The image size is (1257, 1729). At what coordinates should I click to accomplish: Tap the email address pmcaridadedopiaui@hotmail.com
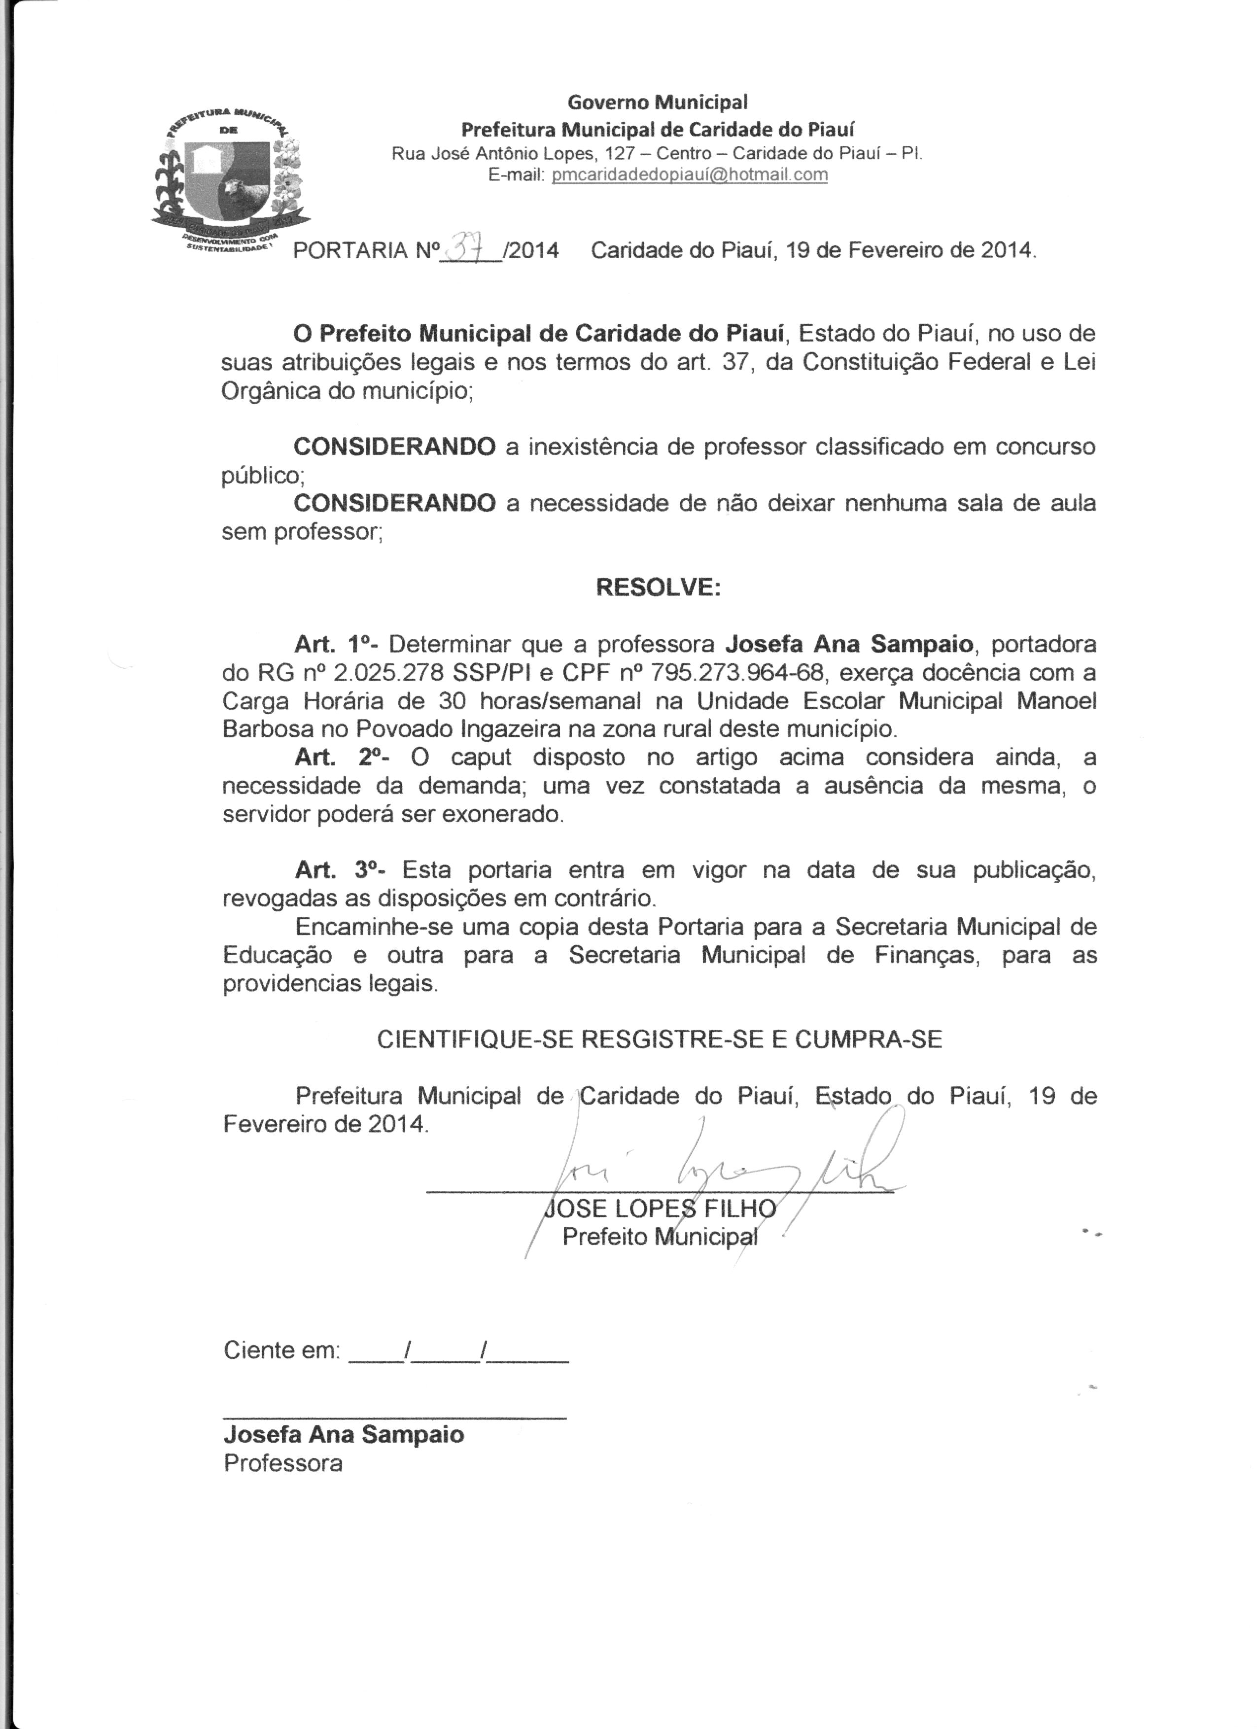[690, 174]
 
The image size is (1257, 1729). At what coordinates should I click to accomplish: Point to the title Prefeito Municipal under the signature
[660, 1237]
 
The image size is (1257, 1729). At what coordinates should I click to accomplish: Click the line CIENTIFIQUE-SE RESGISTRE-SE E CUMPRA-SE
[660, 1039]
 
